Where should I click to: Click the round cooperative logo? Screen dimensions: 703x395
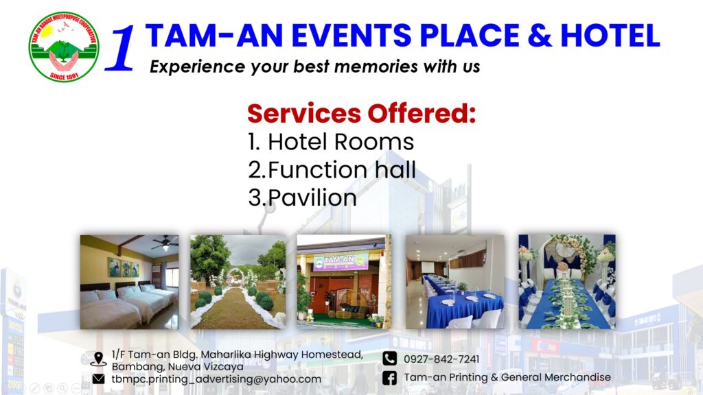64,47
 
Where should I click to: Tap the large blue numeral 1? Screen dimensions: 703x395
121,49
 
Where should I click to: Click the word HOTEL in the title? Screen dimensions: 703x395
610,36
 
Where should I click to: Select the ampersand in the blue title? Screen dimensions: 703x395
540,36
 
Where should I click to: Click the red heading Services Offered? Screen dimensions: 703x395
361,113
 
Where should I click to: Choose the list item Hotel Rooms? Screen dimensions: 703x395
331,142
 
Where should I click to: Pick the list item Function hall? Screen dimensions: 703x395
332,170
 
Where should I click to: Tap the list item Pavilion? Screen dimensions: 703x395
302,197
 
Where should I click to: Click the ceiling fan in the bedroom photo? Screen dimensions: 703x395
165,243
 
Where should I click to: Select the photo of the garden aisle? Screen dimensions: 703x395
238,282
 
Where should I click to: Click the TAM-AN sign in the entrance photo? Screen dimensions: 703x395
341,261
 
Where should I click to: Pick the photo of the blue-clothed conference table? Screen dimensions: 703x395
455,282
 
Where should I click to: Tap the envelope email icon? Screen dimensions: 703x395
98,379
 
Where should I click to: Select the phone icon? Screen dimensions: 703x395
390,358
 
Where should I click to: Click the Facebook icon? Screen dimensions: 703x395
390,378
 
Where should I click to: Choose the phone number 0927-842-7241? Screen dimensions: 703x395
441,359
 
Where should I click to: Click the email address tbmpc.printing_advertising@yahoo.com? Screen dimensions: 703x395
216,379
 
